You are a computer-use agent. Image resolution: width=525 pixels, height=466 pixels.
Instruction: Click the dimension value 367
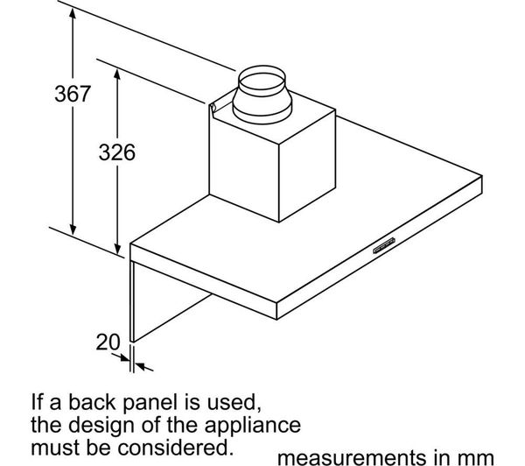[69, 95]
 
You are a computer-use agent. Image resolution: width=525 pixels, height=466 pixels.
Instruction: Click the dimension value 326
[115, 152]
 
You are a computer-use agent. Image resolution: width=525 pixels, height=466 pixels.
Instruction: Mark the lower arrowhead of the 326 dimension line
[117, 250]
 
